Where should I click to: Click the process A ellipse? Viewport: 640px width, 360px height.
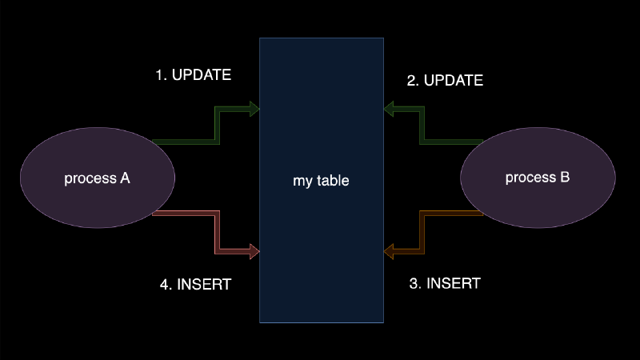tap(97, 178)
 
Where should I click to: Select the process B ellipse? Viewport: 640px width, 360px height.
tap(538, 178)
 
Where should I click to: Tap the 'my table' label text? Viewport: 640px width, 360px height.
tap(321, 181)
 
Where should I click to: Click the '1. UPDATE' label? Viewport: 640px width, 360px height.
tap(193, 76)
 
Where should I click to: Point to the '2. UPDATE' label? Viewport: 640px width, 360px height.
tap(445, 81)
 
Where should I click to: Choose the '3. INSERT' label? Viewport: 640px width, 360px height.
tap(445, 283)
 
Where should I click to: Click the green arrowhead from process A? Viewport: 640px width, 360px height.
tap(254, 109)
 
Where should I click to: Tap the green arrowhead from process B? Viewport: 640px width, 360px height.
tap(390, 109)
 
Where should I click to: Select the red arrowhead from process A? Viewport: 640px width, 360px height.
tap(254, 252)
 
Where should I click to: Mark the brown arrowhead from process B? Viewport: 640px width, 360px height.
tap(390, 252)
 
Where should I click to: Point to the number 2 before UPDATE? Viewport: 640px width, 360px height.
tap(411, 81)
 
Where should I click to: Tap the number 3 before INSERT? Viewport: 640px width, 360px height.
tap(413, 283)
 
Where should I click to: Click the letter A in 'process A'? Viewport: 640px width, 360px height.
tap(125, 178)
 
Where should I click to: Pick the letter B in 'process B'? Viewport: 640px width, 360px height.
tap(565, 178)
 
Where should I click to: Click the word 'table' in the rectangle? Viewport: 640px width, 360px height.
tap(333, 181)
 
